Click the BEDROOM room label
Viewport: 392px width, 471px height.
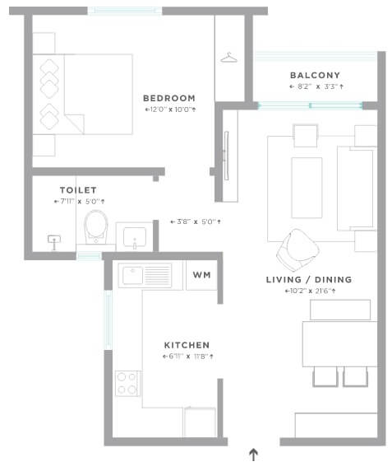pyautogui.click(x=168, y=97)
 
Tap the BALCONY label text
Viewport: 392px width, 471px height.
pyautogui.click(x=316, y=75)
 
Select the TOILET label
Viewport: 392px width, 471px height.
pyautogui.click(x=78, y=189)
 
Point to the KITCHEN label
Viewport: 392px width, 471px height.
pyautogui.click(x=187, y=344)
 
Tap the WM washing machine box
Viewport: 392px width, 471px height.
pyautogui.click(x=201, y=275)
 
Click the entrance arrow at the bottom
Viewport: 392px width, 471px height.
pyautogui.click(x=253, y=454)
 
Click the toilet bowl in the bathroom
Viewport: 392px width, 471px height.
pyautogui.click(x=97, y=226)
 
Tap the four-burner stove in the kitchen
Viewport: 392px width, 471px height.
pyautogui.click(x=127, y=383)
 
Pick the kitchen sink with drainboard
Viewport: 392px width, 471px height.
pyautogui.click(x=145, y=275)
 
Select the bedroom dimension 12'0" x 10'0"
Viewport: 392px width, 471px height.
pyautogui.click(x=170, y=109)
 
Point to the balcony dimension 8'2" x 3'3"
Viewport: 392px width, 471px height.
pyautogui.click(x=316, y=86)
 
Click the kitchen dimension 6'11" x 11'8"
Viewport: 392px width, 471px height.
pyautogui.click(x=188, y=357)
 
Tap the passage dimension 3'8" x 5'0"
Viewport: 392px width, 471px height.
pyautogui.click(x=196, y=222)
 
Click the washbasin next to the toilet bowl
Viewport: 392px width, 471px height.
pyautogui.click(x=135, y=235)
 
